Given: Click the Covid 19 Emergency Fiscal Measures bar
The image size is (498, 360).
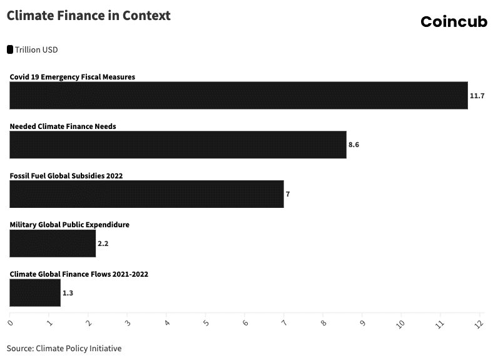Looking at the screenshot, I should tap(238, 95).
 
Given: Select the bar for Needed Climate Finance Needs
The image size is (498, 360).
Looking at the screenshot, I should tap(178, 145).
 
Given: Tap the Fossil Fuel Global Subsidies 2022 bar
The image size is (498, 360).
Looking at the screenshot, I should tap(146, 194).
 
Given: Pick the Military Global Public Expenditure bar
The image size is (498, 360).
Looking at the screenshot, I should tap(53, 244).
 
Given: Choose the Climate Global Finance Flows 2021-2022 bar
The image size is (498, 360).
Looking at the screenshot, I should tap(35, 293).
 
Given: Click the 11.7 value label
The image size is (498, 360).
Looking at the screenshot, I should tap(477, 96).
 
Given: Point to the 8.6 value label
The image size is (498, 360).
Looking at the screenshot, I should tap(353, 145).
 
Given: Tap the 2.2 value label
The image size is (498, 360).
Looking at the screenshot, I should tap(103, 244).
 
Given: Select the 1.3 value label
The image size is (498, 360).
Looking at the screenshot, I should tap(68, 293).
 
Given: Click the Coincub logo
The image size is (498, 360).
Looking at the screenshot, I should tap(454, 22).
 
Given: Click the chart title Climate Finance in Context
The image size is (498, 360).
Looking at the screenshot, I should tap(88, 16).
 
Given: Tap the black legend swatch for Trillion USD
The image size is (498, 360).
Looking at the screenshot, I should tap(10, 49).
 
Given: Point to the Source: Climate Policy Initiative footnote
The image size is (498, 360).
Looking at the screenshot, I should tap(64, 348).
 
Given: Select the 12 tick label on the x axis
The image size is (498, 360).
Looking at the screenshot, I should tap(480, 323).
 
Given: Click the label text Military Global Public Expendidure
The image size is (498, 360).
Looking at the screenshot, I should tap(69, 225).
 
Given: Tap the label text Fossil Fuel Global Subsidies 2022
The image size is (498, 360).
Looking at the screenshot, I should tap(66, 175).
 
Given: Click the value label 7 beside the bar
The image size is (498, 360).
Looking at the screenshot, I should tap(288, 194).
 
